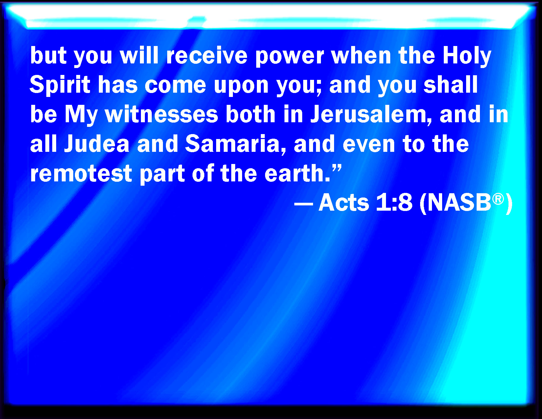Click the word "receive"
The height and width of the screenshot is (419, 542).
click(x=207, y=56)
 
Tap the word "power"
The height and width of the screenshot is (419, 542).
click(x=290, y=58)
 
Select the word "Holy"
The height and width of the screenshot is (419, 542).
click(x=467, y=57)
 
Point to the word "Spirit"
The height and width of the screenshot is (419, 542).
click(x=60, y=85)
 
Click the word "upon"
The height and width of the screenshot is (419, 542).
click(x=241, y=87)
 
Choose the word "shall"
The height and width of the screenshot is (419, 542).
click(x=451, y=84)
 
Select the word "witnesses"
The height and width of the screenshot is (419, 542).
click(x=162, y=114)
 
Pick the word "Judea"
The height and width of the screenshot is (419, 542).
click(x=97, y=144)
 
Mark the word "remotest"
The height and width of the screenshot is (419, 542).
click(x=81, y=174)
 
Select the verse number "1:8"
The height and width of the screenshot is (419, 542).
click(x=394, y=203)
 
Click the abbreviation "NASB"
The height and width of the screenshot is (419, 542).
click(x=459, y=203)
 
